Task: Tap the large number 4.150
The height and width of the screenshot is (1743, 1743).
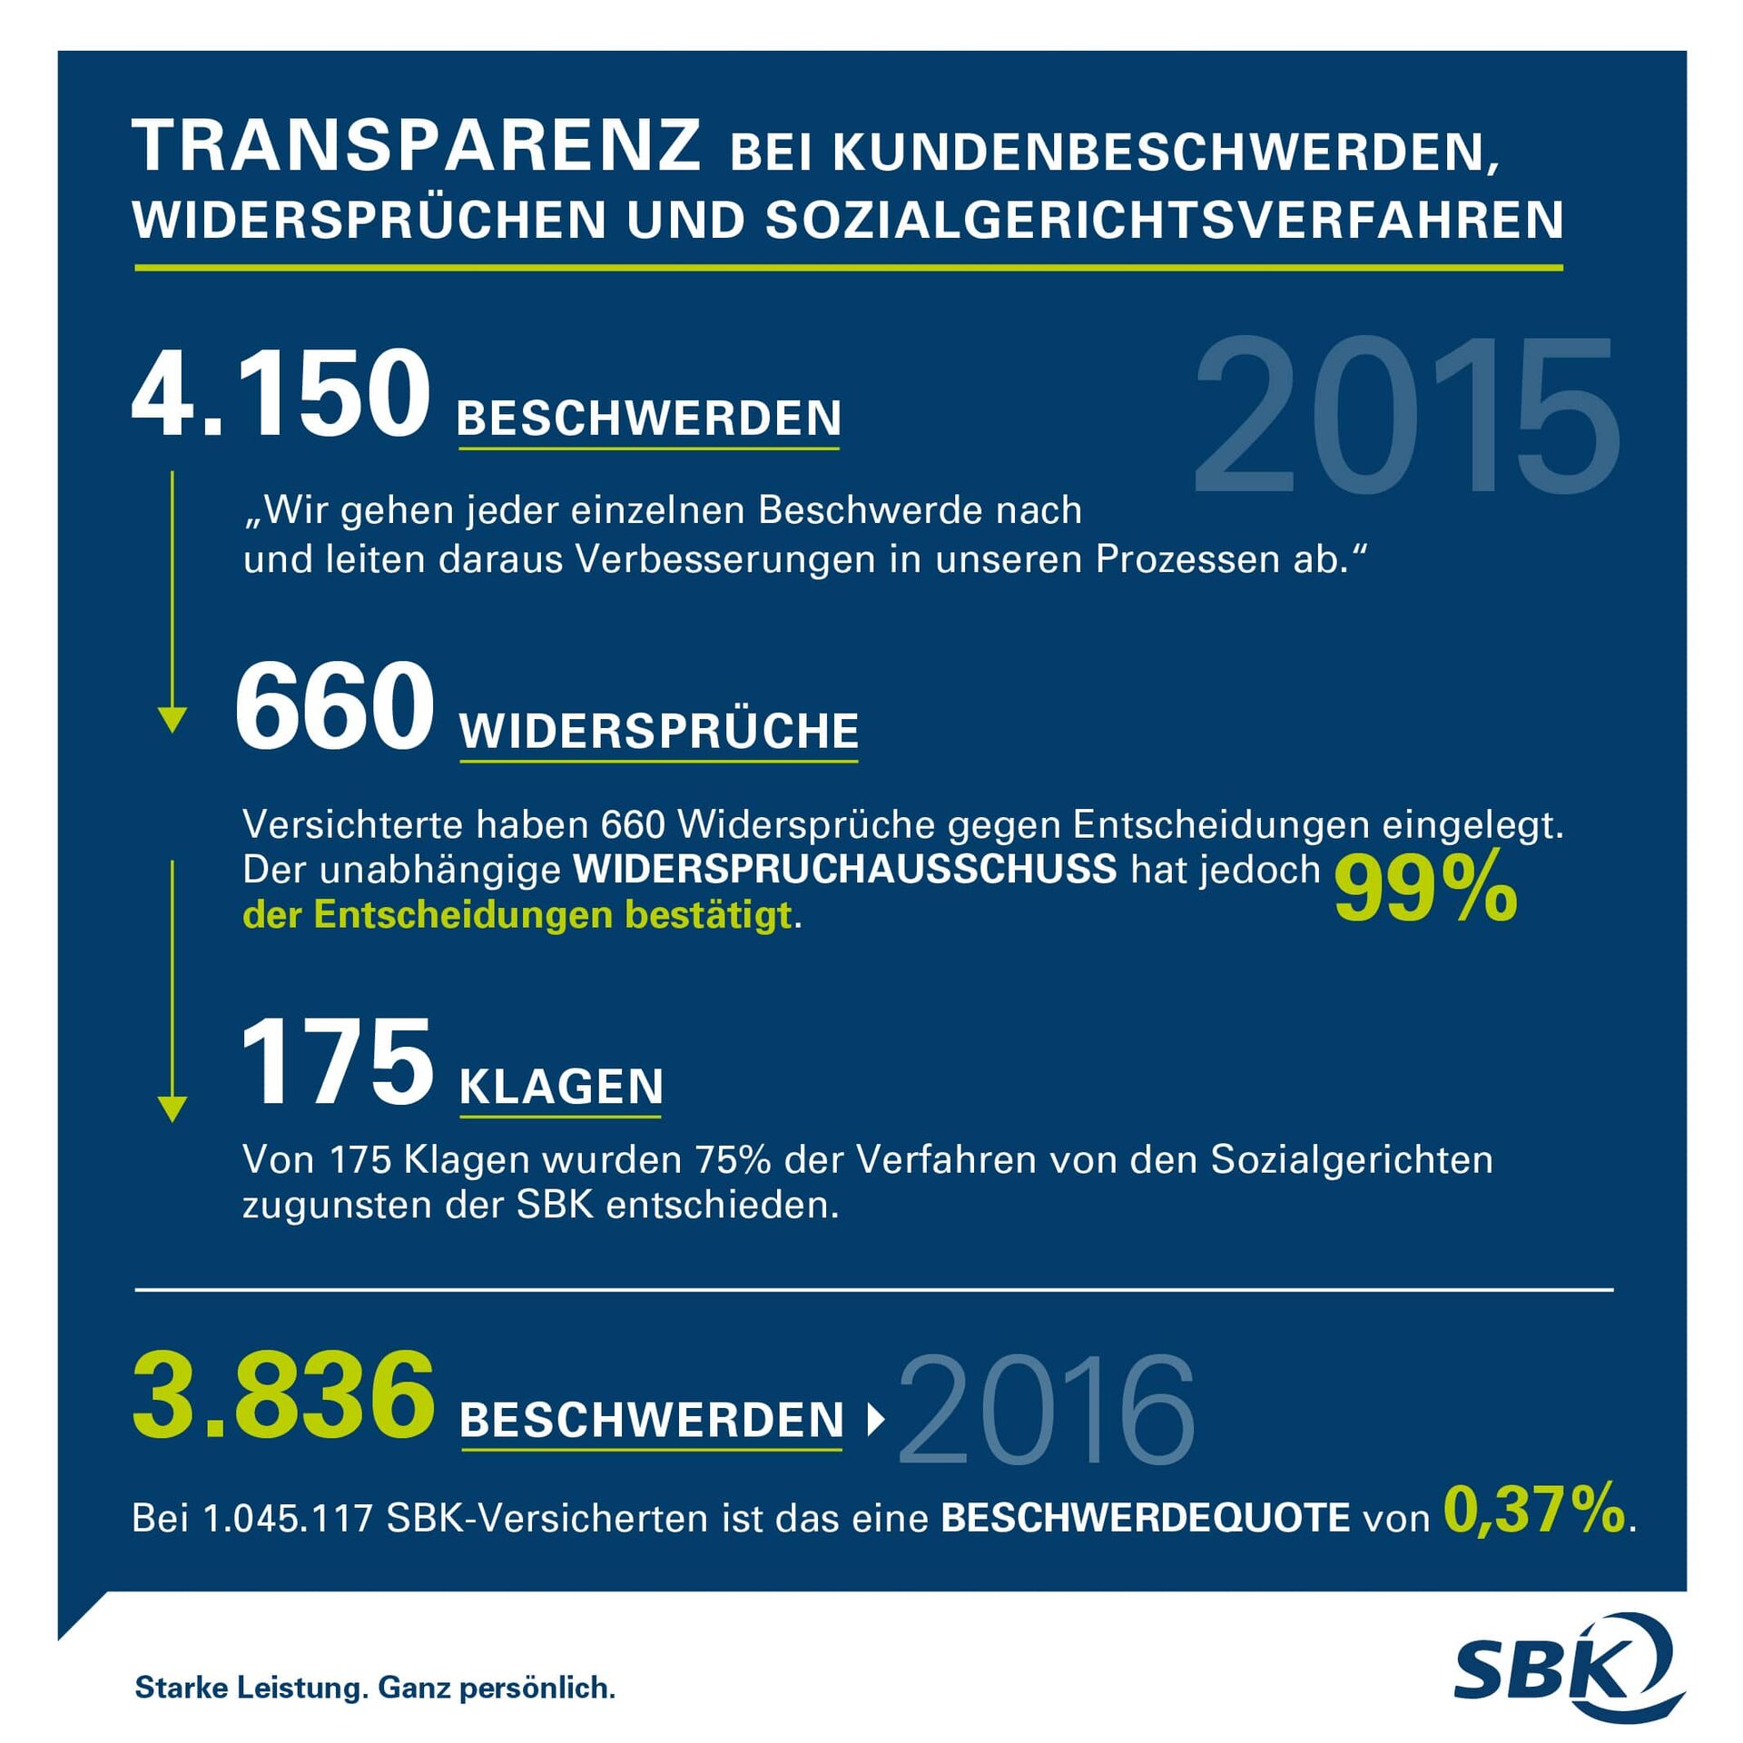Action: point(281,394)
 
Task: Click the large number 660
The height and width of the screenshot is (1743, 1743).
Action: point(334,706)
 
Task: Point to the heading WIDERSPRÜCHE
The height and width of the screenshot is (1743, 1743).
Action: point(659,732)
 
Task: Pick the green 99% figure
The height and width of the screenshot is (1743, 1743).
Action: point(1425,891)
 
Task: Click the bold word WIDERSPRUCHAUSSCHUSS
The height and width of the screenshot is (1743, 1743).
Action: point(844,870)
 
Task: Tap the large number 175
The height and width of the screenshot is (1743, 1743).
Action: point(337,1062)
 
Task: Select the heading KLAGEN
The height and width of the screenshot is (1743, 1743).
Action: point(561,1087)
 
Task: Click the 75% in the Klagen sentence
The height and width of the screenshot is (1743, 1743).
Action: point(733,1160)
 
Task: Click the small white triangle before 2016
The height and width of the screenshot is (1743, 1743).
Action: point(875,1420)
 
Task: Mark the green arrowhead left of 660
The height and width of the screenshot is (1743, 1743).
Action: point(172,720)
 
